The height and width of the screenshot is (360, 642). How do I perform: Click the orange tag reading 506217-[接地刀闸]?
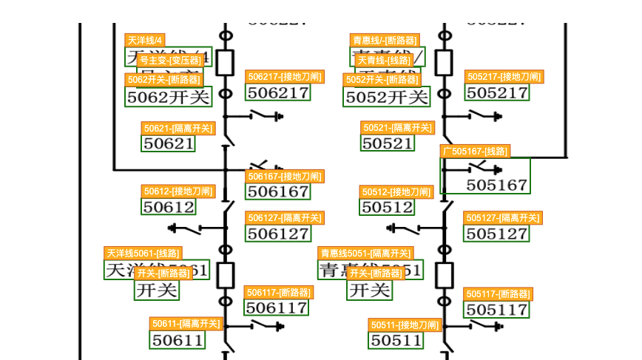[x=284, y=77]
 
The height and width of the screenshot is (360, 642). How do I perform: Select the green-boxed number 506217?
[x=277, y=92]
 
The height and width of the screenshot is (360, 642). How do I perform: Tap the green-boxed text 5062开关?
[x=168, y=96]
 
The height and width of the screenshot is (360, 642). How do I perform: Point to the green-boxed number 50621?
[x=168, y=143]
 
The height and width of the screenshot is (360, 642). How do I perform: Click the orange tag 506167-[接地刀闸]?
[x=284, y=177]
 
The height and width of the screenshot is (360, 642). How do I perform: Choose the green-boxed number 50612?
[x=169, y=207]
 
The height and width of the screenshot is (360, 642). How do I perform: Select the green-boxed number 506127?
[x=277, y=234]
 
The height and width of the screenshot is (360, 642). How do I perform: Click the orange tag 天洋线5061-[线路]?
[x=143, y=254]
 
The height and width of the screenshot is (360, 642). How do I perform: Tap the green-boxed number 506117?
[x=276, y=308]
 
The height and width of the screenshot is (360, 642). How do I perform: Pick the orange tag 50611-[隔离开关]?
[x=186, y=324]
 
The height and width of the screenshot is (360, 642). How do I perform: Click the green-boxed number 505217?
[x=497, y=92]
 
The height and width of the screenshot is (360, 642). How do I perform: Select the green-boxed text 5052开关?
[x=387, y=97]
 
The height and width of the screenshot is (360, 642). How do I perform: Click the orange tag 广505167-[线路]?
[x=475, y=152]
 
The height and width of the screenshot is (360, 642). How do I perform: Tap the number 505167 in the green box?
[x=497, y=185]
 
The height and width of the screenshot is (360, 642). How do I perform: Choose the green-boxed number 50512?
[x=388, y=208]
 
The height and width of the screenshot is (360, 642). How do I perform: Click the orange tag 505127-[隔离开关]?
[x=502, y=218]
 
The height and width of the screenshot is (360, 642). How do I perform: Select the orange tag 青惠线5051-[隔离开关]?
[x=365, y=254]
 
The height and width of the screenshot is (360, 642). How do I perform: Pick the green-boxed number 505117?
[x=497, y=309]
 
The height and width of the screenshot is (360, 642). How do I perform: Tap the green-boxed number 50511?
[x=396, y=340]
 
